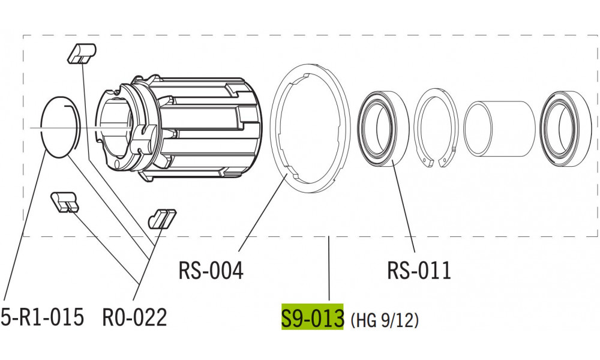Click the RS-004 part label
pyautogui.click(x=211, y=271)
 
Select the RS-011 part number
pyautogui.click(x=419, y=271)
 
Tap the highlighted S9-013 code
pyautogui.click(x=312, y=317)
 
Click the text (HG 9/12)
pyautogui.click(x=384, y=320)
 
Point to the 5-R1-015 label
pyautogui.click(x=42, y=317)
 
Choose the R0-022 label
pyautogui.click(x=134, y=317)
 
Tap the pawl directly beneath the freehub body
pyautogui.click(x=161, y=218)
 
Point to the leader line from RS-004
pyautogui.click(x=261, y=210)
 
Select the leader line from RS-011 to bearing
pyautogui.click(x=403, y=204)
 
